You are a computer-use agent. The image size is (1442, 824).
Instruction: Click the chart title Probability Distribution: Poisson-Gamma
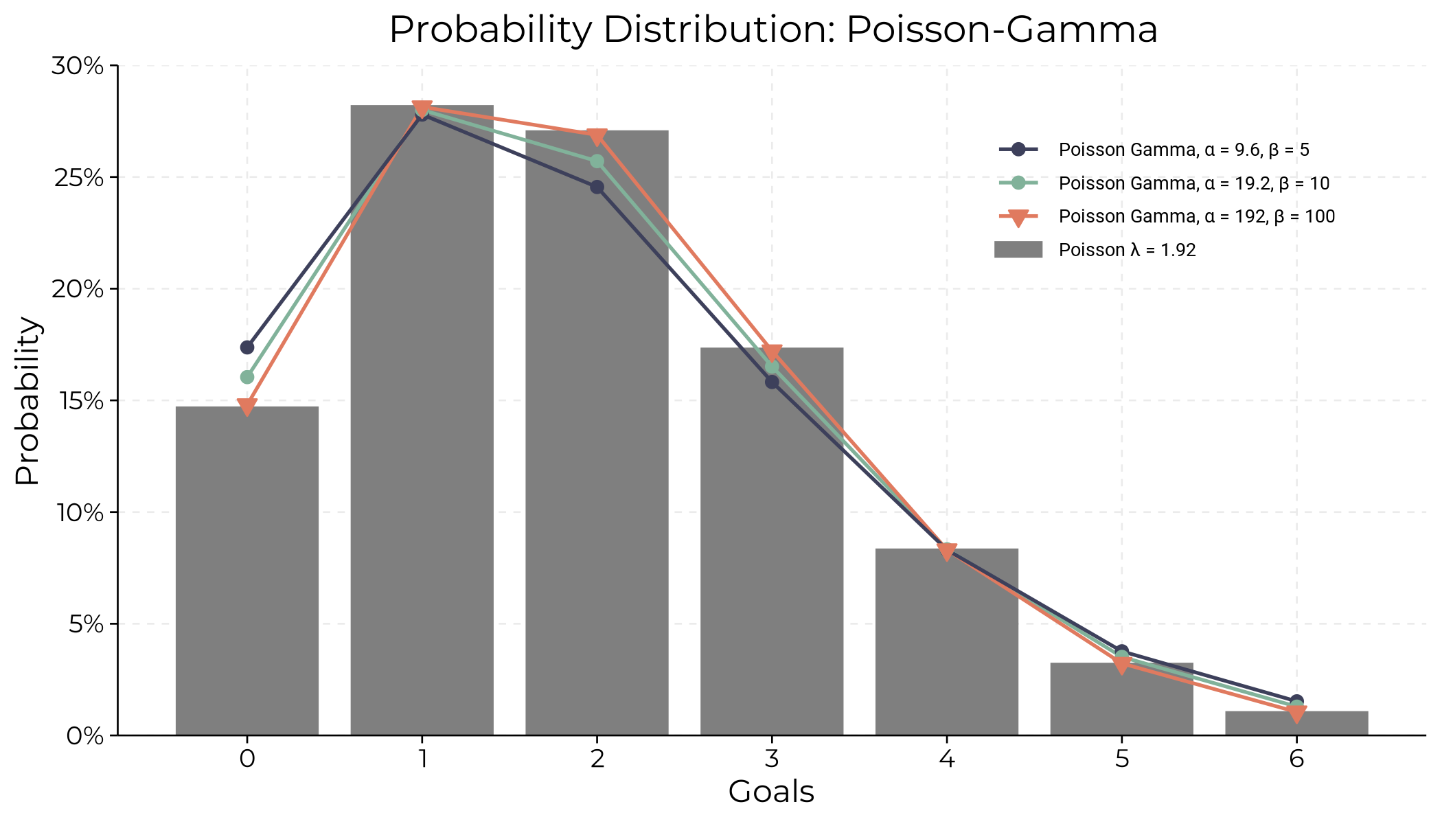[x=773, y=30]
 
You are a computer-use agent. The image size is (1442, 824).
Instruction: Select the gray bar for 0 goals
[x=247, y=570]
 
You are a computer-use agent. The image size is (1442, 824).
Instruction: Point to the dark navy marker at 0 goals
[x=247, y=347]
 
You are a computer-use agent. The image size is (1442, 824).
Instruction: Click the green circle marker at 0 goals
[x=247, y=377]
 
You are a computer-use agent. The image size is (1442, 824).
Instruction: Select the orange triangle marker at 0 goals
[x=247, y=407]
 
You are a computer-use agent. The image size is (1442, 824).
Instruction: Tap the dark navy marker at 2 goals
[x=597, y=187]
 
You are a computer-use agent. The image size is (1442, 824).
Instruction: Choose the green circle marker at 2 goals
[x=597, y=161]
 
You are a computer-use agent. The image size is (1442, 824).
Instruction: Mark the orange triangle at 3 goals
[x=772, y=353]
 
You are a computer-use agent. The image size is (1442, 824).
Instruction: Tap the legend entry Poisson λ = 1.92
[x=1126, y=250]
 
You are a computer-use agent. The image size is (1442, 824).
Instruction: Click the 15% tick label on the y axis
[x=78, y=401]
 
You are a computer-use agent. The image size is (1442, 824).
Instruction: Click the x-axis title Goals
[x=770, y=792]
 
